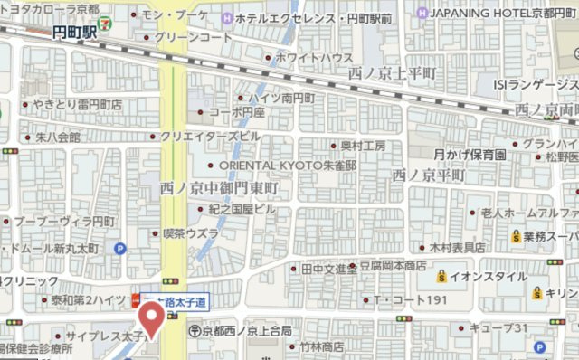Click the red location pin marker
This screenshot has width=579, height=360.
click(150, 318)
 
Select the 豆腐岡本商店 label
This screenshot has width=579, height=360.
click(394, 266)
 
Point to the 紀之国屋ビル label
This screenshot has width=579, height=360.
click(242, 209)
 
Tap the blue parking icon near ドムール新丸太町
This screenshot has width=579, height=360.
click(119, 249)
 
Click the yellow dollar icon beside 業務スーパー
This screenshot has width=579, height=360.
click(514, 236)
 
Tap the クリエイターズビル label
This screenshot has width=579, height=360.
click(210, 136)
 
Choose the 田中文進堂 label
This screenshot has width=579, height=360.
click(329, 269)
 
